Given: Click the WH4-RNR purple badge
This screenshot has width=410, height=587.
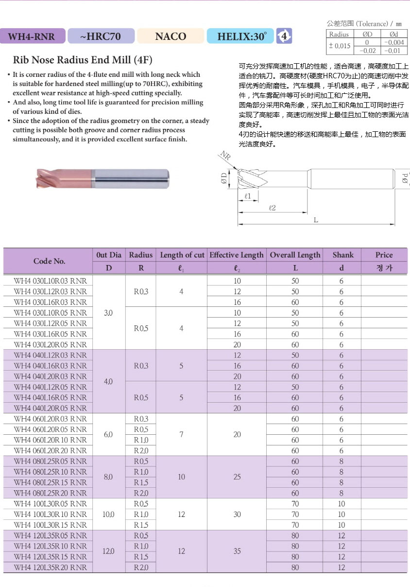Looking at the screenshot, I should (x=32, y=36).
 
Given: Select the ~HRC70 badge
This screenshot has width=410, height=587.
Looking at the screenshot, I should (x=101, y=36).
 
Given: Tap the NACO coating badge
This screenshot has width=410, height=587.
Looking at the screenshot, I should (x=171, y=36).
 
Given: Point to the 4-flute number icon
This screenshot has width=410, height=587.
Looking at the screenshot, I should (x=284, y=36).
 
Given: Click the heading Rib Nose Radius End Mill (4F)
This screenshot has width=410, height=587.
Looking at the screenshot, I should (x=83, y=60).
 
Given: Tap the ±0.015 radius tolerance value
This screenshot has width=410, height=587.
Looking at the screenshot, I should (x=339, y=46).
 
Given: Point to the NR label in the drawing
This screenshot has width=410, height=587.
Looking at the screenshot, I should (x=224, y=156).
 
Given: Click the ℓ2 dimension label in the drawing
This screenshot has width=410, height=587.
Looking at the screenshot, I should (x=272, y=208).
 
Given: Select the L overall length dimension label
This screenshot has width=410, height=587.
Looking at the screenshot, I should (x=316, y=220).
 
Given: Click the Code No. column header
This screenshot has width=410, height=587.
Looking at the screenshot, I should (x=49, y=261).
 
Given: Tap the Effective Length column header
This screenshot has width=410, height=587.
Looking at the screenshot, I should (x=237, y=255).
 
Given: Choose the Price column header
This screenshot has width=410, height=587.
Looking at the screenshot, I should (x=384, y=255).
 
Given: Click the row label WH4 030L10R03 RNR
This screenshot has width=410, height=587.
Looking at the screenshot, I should (x=51, y=281).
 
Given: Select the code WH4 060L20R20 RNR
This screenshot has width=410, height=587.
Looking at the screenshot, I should (x=51, y=451).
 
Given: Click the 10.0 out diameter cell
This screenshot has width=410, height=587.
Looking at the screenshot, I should (x=109, y=514).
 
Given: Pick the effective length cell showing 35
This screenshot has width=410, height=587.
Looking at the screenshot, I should (x=237, y=551).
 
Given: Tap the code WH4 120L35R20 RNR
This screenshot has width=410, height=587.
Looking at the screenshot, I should (x=51, y=567).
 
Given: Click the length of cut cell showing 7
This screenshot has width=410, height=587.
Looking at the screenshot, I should (x=181, y=434).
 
